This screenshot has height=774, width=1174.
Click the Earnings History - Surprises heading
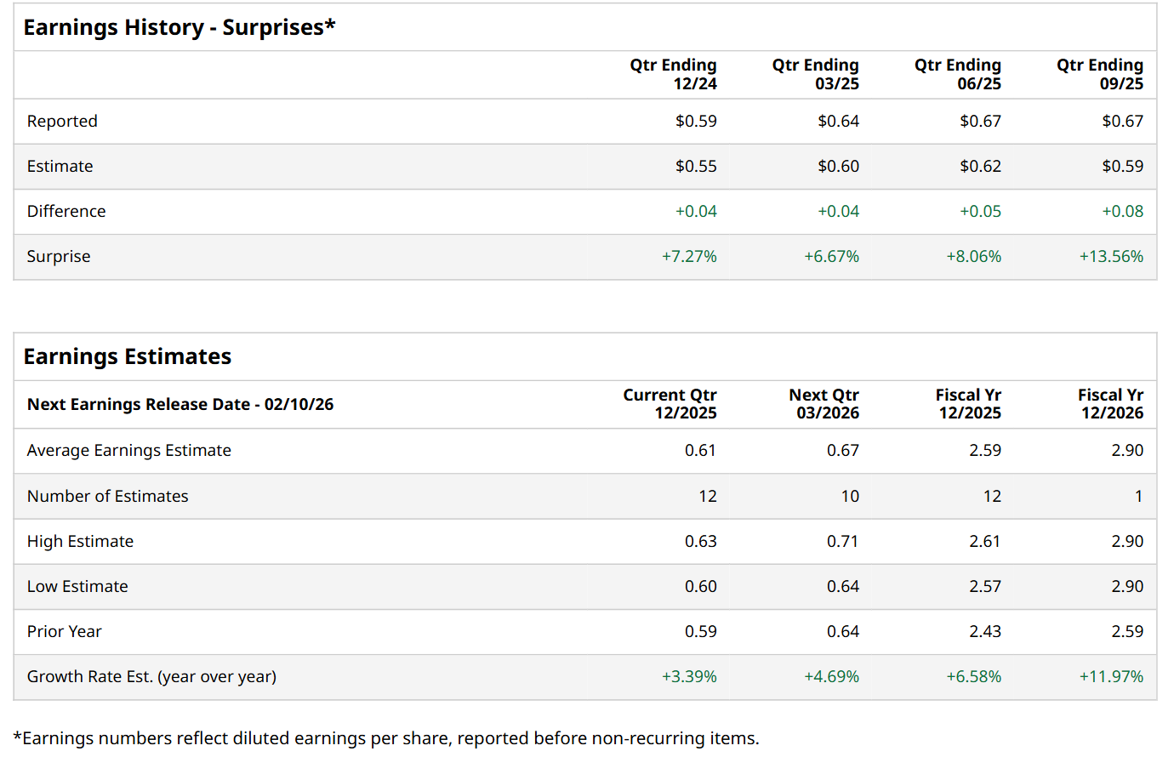click(179, 27)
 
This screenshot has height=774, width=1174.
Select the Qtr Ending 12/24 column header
click(673, 74)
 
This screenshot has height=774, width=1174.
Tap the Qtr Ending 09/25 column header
click(1099, 74)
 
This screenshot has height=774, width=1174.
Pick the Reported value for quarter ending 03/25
click(838, 121)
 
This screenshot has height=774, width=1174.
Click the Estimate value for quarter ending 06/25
click(980, 166)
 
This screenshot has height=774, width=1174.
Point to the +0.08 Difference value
click(1122, 211)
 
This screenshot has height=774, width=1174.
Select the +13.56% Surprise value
click(1111, 256)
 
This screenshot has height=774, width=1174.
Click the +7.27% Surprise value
click(689, 256)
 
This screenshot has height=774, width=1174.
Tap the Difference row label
click(66, 211)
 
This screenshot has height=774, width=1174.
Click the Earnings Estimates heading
click(128, 356)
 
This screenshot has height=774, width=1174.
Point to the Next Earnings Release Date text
click(180, 404)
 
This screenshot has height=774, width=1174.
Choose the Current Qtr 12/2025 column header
click(670, 404)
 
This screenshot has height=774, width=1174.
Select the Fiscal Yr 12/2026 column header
click(1110, 404)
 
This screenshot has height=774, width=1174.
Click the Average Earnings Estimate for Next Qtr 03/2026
click(842, 450)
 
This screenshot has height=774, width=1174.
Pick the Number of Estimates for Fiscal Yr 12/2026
click(1138, 496)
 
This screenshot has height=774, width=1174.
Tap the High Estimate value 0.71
click(842, 541)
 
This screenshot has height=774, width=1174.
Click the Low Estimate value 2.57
click(984, 586)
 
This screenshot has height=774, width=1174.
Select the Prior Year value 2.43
click(984, 631)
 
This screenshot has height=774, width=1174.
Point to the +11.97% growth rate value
click(1111, 676)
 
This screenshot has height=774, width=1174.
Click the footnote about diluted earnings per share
click(386, 738)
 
